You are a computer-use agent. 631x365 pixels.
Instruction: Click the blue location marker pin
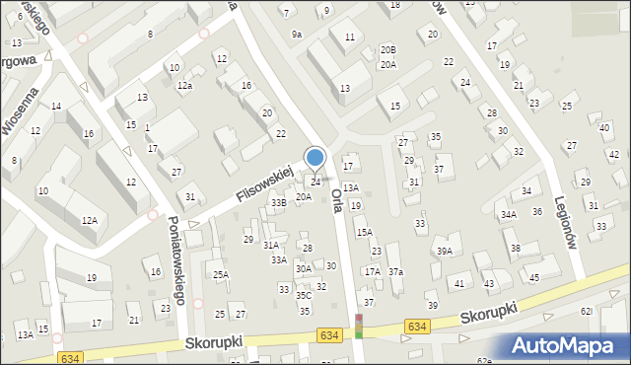(x=315, y=158)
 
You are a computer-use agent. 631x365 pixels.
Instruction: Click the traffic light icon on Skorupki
(x=359, y=327)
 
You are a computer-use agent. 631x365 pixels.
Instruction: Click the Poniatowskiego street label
(x=178, y=257)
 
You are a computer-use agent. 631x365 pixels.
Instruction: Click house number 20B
(x=388, y=49)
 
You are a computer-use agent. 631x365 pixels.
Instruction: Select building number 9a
(x=296, y=35)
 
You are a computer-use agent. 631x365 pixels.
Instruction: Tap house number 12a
(x=184, y=86)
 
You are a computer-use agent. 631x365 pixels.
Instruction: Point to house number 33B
(x=279, y=202)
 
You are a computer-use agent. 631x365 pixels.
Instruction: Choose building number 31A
(x=270, y=245)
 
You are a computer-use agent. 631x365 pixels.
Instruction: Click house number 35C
(x=304, y=295)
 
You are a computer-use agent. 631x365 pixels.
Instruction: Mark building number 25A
(x=221, y=275)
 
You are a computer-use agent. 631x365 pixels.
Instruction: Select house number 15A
(x=364, y=232)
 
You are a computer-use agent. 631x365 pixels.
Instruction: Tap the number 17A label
(x=372, y=271)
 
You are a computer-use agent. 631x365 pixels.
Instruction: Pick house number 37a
(x=395, y=271)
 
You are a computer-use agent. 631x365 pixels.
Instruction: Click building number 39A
(x=445, y=252)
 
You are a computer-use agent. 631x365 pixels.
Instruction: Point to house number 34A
(x=508, y=214)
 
